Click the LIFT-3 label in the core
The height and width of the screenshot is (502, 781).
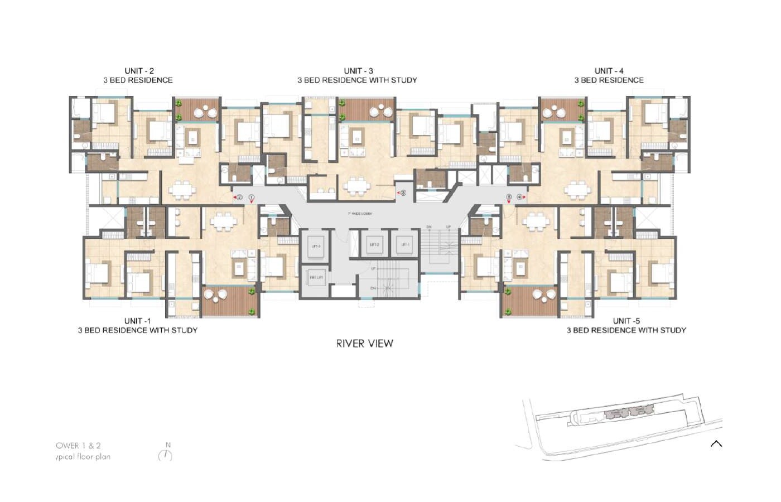click(316, 246)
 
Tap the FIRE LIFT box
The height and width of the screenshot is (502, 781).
click(316, 277)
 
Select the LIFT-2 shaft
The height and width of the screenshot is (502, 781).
click(374, 245)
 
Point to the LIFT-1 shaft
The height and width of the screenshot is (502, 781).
click(404, 245)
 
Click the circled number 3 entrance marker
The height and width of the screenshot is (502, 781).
click(403, 193)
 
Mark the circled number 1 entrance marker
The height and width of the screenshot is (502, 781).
click(252, 197)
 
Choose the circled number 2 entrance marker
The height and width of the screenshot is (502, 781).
click(239, 197)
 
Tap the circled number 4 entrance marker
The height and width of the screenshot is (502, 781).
click(519, 196)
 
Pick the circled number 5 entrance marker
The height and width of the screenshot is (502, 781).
click(509, 196)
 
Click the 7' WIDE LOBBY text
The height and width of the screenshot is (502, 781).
click(360, 214)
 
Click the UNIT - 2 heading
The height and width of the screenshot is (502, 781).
click(139, 71)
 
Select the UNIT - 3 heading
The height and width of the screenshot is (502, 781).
click(358, 71)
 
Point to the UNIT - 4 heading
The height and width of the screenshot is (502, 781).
click(609, 71)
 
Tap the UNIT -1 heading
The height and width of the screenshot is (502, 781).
click(137, 321)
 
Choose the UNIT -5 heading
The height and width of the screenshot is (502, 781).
click(626, 321)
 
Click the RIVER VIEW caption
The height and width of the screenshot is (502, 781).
click(364, 344)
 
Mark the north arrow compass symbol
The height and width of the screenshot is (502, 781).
click(165, 455)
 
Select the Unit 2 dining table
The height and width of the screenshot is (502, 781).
click(183, 189)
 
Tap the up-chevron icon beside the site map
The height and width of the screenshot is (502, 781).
click(716, 444)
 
